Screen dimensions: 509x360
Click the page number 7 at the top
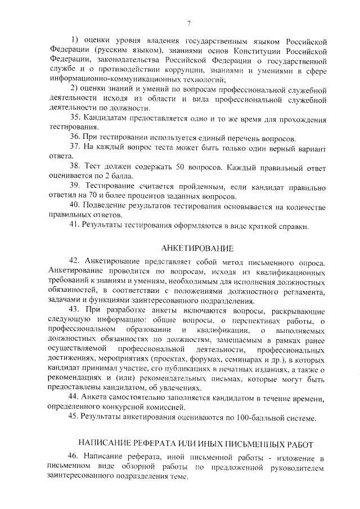coord(189,22)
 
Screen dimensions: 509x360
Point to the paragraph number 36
coord(75,137)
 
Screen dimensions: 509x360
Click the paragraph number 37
coord(75,147)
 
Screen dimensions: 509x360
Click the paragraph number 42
coord(75,262)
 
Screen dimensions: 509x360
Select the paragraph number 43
coord(75,310)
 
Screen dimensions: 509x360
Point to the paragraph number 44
coord(75,398)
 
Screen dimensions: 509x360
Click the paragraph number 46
coord(75,456)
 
